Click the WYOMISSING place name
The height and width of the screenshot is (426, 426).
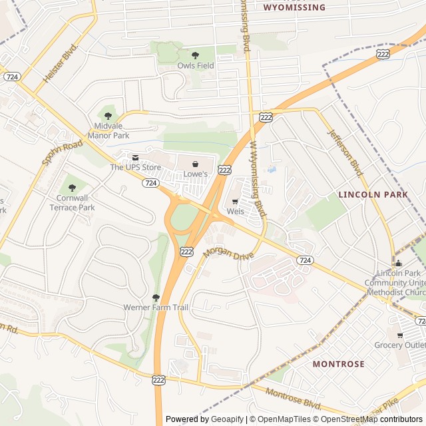(294, 7)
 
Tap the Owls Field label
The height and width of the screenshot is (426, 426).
(196, 66)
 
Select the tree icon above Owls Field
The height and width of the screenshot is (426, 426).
(195, 55)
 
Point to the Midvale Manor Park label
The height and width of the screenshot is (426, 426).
(108, 130)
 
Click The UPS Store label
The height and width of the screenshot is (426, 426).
(136, 167)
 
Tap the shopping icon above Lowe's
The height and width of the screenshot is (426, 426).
(195, 164)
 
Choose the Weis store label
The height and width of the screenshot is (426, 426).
(236, 211)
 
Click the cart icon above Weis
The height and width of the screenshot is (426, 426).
(234, 200)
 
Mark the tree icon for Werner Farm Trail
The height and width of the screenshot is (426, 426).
(156, 298)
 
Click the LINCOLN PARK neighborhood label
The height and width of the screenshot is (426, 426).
(373, 194)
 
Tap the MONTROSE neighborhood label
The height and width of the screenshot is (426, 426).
(339, 364)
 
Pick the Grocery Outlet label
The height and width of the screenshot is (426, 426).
(399, 345)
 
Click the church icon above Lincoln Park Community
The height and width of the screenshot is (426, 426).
(398, 262)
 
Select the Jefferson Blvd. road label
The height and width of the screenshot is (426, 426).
(345, 152)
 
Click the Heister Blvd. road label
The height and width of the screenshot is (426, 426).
(61, 63)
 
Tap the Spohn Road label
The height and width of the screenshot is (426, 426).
(62, 152)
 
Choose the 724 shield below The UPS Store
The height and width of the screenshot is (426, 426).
(150, 182)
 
